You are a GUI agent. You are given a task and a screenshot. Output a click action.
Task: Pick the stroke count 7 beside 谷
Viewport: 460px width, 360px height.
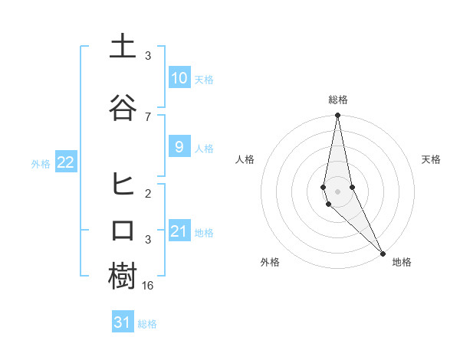(x=148, y=116)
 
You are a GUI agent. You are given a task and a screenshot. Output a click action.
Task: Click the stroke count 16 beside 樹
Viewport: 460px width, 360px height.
(x=149, y=285)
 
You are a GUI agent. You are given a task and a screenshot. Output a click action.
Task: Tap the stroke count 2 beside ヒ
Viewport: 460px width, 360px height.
(x=148, y=194)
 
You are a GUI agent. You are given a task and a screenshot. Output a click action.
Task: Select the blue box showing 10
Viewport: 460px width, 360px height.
(x=179, y=78)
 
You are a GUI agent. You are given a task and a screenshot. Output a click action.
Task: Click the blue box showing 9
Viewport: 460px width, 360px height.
(x=179, y=147)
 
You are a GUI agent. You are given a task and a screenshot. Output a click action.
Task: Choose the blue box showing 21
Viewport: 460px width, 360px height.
(x=179, y=231)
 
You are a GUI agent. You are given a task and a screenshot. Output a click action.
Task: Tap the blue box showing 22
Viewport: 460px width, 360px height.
(x=66, y=162)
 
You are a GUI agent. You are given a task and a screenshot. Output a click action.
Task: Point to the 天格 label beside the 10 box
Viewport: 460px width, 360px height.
(x=204, y=80)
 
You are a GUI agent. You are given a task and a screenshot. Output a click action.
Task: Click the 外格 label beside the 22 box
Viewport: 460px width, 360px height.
(x=41, y=163)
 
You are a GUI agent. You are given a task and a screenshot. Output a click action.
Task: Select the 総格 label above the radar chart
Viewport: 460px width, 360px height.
(x=338, y=100)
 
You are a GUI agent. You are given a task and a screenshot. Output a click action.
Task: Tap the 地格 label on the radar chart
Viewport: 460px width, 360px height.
(x=402, y=262)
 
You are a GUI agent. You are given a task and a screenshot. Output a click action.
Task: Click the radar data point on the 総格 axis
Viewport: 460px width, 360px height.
(x=337, y=116)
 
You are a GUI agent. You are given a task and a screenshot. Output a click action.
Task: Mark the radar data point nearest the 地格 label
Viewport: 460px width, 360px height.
(x=383, y=252)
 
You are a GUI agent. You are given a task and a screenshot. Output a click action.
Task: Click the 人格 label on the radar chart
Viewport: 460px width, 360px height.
(x=245, y=159)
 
